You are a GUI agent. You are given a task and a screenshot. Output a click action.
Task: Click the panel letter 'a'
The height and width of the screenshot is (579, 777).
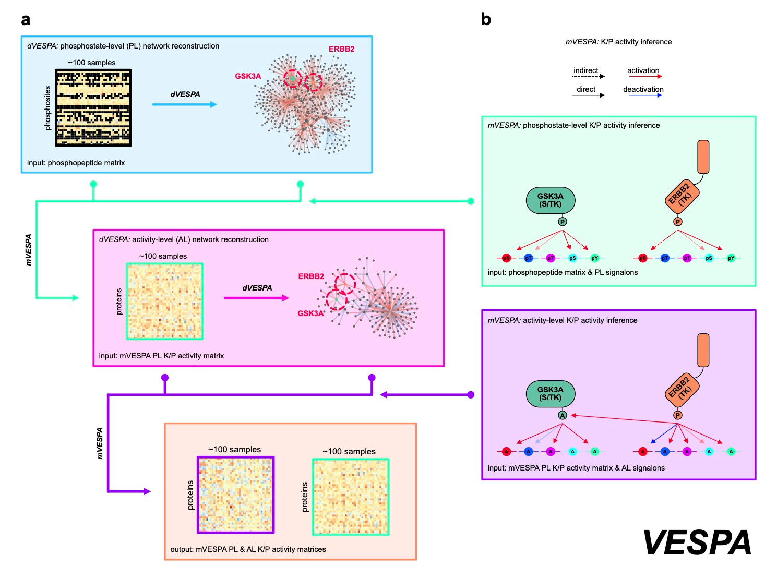click(x=26, y=20)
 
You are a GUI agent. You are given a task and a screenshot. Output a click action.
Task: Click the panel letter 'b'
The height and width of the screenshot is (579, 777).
click(x=486, y=19)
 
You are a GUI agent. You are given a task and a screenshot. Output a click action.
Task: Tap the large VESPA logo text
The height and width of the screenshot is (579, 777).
click(x=697, y=542)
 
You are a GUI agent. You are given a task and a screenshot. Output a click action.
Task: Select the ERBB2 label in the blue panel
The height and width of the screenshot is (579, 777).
click(x=341, y=49)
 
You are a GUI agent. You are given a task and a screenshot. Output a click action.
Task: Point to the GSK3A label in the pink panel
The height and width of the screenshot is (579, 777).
click(x=310, y=313)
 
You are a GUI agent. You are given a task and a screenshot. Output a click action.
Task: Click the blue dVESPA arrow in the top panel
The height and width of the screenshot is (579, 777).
click(x=184, y=104)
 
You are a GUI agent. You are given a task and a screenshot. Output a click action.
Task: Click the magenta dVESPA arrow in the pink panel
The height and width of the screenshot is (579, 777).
click(x=256, y=298)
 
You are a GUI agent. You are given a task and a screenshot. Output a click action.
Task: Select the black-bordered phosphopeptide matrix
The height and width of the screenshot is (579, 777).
click(x=93, y=107)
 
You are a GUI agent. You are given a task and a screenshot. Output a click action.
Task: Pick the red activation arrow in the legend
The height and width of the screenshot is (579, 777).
click(x=644, y=77)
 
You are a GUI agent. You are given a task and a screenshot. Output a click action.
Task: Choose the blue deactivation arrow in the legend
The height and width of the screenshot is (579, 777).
click(x=644, y=95)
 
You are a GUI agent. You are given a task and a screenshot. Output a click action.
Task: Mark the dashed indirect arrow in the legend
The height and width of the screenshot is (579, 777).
click(x=588, y=77)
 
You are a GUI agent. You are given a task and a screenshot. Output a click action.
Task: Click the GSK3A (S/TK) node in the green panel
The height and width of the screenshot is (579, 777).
click(x=550, y=200)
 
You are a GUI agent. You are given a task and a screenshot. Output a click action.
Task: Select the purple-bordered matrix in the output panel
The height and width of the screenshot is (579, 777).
click(x=236, y=494)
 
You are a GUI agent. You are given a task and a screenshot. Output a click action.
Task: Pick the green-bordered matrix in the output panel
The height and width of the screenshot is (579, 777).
click(x=351, y=497)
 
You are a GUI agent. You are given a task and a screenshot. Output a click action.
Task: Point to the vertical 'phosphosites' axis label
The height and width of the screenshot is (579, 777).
click(x=47, y=108)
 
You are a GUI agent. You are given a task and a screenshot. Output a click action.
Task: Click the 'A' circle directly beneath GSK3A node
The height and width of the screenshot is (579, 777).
click(x=562, y=415)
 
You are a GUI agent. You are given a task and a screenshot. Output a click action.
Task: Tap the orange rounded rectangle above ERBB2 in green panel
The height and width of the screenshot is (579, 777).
click(x=703, y=156)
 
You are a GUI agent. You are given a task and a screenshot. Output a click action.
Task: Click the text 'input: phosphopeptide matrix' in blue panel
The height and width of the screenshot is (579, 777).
click(x=76, y=163)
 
